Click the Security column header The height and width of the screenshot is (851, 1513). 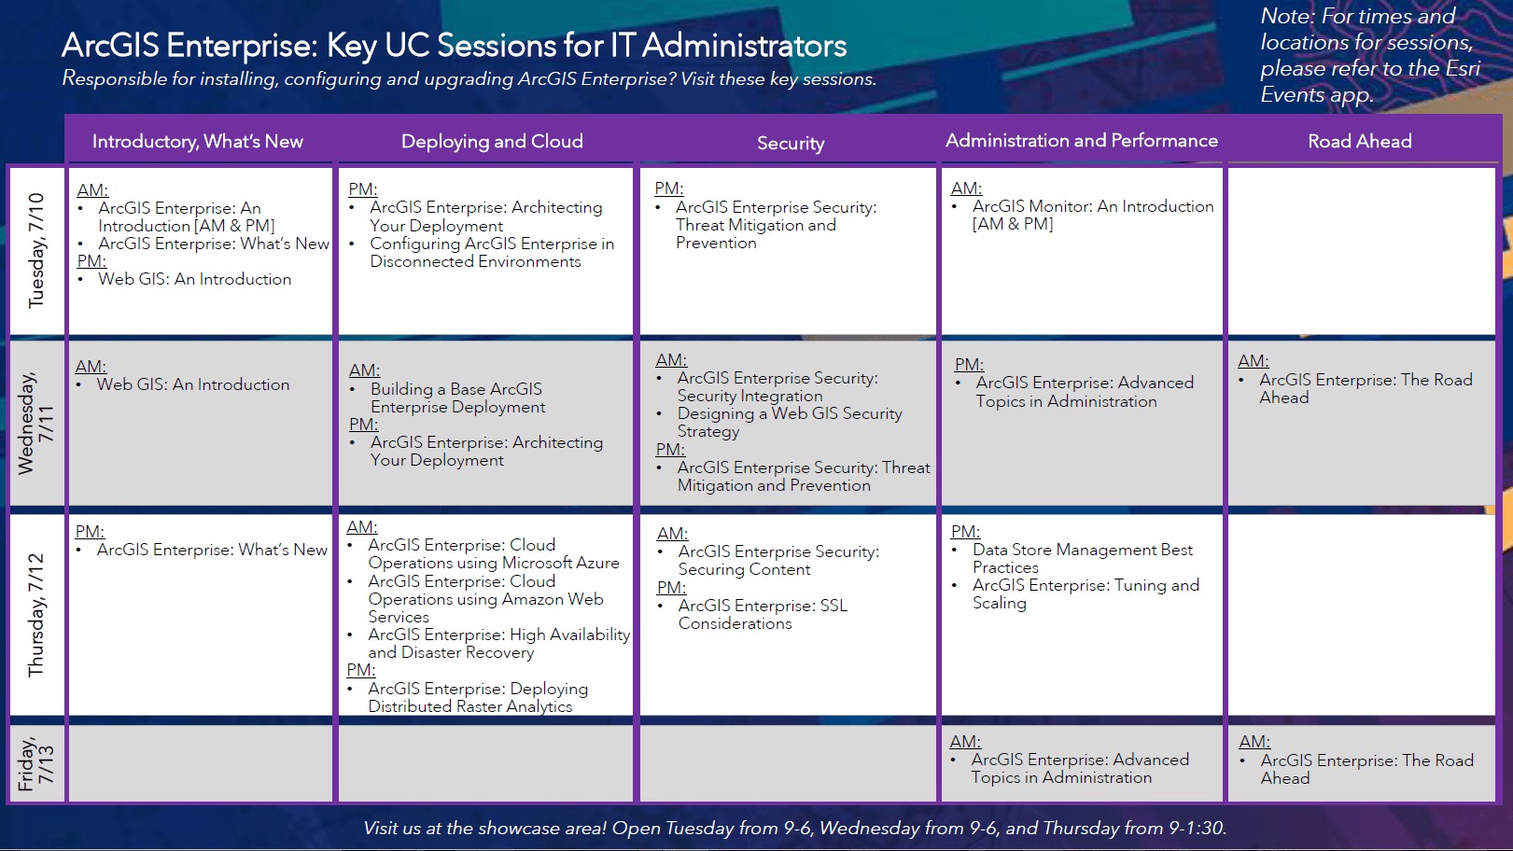790,143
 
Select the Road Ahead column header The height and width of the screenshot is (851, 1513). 1359,141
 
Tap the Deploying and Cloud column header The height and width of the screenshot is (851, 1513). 492,141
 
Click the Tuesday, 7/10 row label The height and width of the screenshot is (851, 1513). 36,250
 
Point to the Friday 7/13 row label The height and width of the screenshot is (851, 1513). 36,763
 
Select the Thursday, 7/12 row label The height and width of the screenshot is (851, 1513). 36,614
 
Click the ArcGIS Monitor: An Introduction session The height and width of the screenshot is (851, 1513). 1092,215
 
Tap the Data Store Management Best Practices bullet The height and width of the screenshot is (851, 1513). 1082,558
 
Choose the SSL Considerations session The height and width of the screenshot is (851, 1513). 762,614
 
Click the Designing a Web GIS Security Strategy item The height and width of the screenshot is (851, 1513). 789,422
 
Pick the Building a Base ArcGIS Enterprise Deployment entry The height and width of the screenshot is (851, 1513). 456,398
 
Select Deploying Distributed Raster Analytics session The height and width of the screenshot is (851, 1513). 477,697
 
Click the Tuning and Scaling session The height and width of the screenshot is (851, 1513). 1085,593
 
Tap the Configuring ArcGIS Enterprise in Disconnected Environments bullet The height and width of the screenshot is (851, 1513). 491,252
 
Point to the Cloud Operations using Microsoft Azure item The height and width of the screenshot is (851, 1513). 493,553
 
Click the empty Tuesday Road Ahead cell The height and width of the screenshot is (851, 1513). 1361,250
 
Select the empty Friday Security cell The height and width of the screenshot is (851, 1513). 787,763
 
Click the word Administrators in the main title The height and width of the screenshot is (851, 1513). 744,45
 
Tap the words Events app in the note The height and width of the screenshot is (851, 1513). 1316,94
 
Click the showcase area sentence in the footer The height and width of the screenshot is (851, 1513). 794,828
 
